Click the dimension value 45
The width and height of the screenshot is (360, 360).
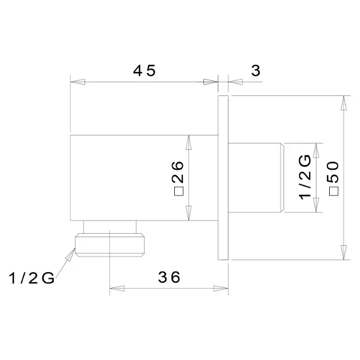(144, 70)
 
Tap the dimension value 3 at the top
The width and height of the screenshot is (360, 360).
(256, 70)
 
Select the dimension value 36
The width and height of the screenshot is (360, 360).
(169, 277)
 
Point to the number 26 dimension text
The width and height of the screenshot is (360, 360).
(178, 172)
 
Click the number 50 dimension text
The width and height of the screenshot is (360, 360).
(333, 172)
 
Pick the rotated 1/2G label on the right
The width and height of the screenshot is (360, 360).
(305, 177)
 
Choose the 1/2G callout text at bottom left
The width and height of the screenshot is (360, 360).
(31, 278)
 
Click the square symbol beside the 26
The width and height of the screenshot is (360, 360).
(179, 191)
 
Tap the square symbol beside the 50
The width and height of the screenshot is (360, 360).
(334, 191)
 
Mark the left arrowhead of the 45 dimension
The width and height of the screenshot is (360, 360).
(78, 82)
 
